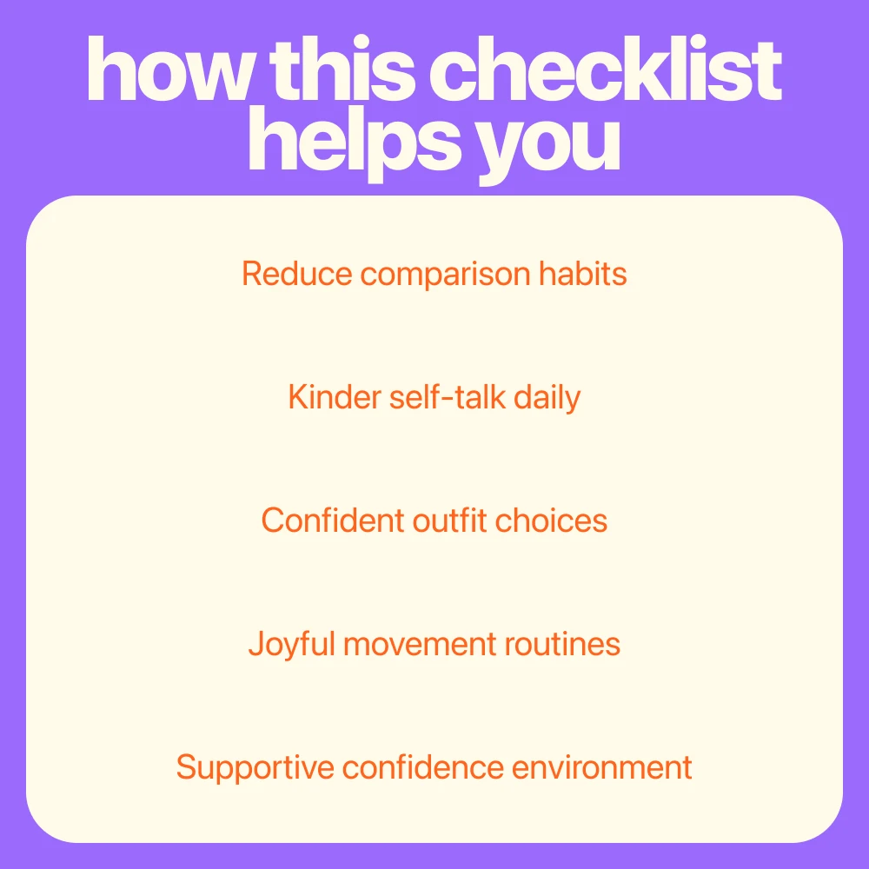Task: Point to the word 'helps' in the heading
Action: point(355,144)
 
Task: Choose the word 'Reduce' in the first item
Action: point(297,274)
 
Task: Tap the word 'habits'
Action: point(583,274)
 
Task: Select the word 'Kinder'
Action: point(335,397)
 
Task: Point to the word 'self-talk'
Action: point(448,397)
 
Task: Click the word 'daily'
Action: point(547,399)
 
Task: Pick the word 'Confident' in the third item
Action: point(333,521)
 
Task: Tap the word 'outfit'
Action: point(449,521)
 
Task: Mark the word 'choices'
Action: point(551,521)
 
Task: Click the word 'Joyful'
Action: point(292,645)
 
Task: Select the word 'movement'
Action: point(420,645)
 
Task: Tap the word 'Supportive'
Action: point(255,769)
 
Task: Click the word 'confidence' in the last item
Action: point(423,767)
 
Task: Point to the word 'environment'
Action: point(602,767)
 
